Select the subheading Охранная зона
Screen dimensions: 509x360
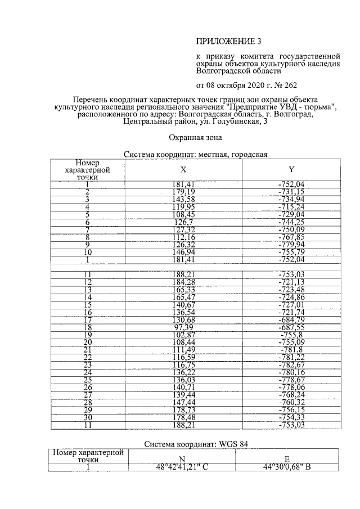[196, 137]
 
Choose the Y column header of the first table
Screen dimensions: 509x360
[291, 169]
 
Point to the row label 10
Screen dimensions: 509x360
[87, 252]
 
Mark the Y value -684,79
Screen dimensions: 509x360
[291, 319]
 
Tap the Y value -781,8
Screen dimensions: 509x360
[291, 349]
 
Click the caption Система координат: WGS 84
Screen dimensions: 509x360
[196, 444]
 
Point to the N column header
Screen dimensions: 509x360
[182, 459]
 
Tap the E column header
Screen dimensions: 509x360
[287, 459]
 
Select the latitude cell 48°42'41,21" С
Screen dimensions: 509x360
[182, 466]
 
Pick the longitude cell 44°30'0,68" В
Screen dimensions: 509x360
[287, 466]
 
